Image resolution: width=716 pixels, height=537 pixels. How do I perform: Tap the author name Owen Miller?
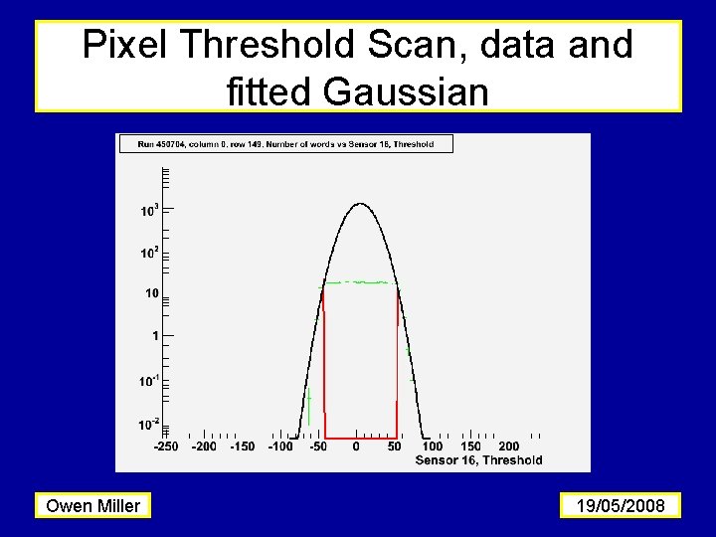click(93, 506)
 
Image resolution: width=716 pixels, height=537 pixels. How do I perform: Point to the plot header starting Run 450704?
click(285, 144)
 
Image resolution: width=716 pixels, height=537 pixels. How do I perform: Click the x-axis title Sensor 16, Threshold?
click(478, 459)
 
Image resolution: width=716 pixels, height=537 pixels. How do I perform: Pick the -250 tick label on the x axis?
click(166, 447)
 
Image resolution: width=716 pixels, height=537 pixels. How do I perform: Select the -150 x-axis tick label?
click(242, 447)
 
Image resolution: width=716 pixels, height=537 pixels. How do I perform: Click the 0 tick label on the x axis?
click(356, 447)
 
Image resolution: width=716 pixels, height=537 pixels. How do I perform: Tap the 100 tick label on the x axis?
click(433, 447)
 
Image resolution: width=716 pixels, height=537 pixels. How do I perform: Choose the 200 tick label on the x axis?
click(508, 447)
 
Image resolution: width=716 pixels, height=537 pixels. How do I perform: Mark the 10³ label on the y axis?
click(149, 211)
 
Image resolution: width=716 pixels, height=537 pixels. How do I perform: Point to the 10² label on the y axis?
click(149, 253)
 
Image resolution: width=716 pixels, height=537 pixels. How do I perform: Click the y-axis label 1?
click(154, 337)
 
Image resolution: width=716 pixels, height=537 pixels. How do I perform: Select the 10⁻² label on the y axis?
click(149, 425)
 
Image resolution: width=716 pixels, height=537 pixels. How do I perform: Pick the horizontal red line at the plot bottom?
click(360, 437)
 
